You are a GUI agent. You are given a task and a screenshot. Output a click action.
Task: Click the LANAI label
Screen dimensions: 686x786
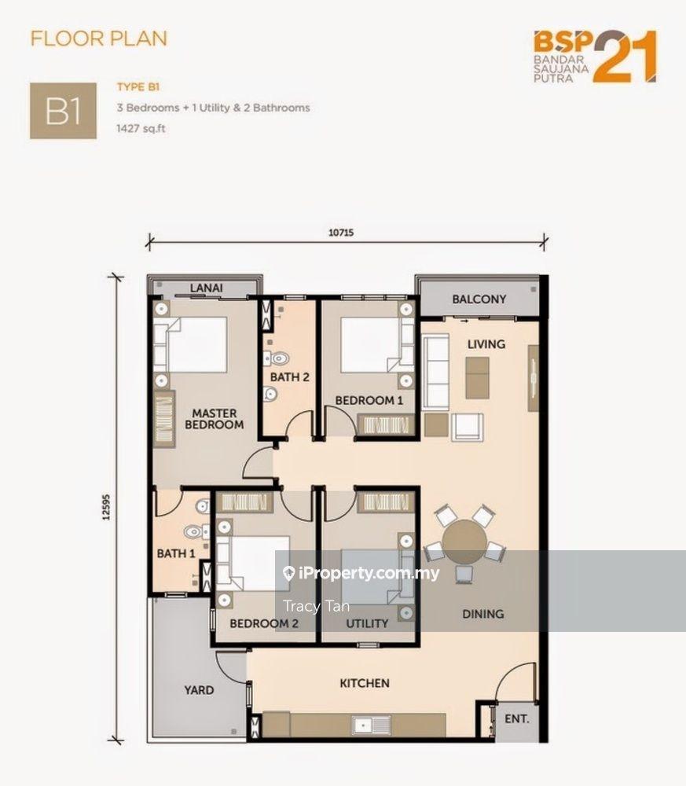(206, 288)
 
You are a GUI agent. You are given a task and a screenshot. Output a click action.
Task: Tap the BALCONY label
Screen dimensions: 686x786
(479, 299)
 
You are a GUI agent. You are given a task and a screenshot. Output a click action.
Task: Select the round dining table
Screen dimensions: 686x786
(465, 542)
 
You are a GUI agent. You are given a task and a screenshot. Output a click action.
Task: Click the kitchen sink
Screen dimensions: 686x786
(372, 725)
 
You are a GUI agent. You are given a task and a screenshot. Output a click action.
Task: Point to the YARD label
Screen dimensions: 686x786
(199, 690)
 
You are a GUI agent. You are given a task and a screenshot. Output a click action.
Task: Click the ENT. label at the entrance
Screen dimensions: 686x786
(516, 719)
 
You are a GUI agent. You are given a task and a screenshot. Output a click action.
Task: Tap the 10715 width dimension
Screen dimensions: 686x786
(341, 233)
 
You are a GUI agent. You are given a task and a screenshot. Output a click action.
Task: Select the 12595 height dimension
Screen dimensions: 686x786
(106, 507)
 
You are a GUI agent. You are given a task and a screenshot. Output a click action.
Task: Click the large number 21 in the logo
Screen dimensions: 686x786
(625, 57)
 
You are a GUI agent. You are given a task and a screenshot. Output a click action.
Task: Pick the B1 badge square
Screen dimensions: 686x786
(63, 111)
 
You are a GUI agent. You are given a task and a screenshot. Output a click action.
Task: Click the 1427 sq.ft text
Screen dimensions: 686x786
(141, 128)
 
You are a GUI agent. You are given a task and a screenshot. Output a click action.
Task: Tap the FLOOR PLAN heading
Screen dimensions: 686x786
(99, 39)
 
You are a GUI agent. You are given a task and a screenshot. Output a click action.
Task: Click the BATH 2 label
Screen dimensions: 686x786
(290, 377)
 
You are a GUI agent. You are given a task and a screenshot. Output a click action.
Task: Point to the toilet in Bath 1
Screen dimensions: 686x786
(193, 532)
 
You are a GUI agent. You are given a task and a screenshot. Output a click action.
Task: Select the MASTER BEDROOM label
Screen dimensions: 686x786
(214, 419)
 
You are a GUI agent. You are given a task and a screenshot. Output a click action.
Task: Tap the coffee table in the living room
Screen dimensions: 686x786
(477, 377)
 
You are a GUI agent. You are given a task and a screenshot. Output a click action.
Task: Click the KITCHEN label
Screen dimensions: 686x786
(365, 683)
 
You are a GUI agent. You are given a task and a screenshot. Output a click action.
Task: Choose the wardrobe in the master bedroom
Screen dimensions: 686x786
(163, 419)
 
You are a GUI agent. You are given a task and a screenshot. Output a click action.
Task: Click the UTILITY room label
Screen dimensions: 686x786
(367, 623)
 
